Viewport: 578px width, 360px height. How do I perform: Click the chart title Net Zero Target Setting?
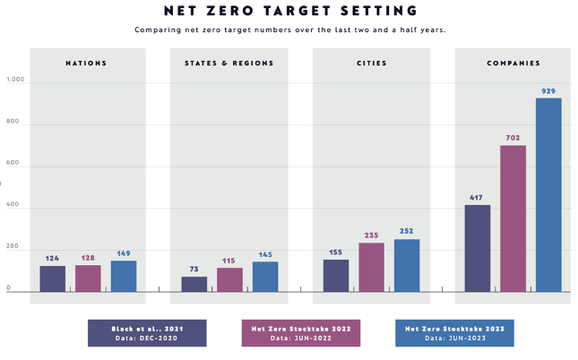pos(291,11)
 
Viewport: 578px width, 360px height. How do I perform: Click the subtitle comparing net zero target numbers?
pos(290,30)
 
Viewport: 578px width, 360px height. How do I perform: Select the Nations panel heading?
pos(86,64)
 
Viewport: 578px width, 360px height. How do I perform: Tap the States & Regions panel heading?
pos(229,64)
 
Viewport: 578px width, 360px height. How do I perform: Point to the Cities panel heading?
pos(371,64)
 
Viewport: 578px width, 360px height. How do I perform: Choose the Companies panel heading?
pos(513,64)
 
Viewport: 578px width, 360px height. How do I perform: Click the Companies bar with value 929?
pos(548,194)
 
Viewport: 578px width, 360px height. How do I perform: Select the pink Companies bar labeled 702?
pos(513,219)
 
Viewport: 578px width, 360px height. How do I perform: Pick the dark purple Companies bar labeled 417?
pos(478,248)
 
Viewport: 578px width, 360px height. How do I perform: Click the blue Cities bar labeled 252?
pos(407,265)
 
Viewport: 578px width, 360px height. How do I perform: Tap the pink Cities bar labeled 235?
pos(372,267)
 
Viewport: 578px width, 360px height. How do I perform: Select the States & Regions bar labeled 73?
pos(194,283)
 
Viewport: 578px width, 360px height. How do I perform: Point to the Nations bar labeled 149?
pos(124,276)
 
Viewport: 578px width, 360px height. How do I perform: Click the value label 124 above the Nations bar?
pos(52,259)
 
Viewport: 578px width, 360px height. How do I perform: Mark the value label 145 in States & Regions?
pos(265,254)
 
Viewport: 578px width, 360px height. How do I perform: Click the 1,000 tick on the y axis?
pos(16,81)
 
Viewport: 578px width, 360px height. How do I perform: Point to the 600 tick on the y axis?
pos(13,165)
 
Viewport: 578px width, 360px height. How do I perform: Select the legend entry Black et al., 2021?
pos(147,333)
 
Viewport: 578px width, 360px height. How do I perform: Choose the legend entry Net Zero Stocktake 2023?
pos(454,333)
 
